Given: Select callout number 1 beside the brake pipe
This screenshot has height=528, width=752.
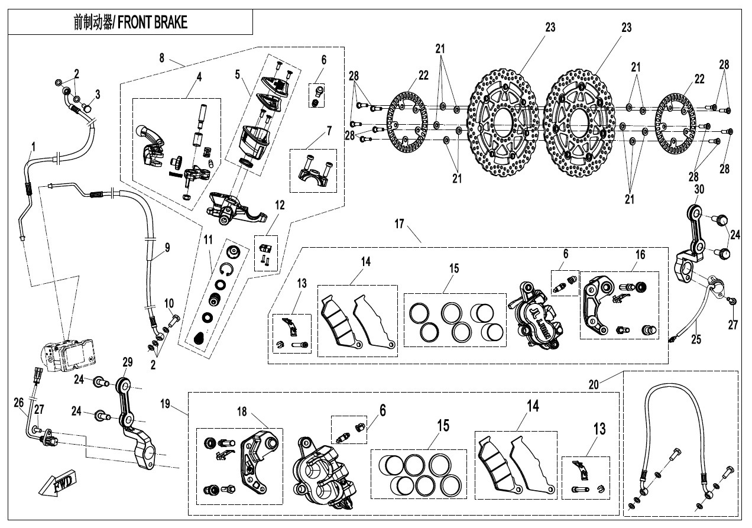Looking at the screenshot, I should coord(34,145).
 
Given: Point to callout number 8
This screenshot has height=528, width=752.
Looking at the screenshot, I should coord(161,57).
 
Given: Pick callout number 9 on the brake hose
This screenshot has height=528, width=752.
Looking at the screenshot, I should coord(167,248).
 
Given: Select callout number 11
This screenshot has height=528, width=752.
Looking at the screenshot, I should coord(208,239).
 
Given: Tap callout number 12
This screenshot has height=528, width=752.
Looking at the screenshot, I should coord(279,205).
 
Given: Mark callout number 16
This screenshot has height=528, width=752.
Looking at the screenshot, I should coord(640,255).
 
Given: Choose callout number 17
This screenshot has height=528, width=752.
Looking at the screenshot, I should coord(400,223).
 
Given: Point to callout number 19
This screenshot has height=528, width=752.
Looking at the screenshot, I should coord(164,404).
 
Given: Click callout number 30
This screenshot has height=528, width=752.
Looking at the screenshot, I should coord(699,189).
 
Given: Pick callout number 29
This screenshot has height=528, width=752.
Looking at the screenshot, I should coord(127,361).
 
